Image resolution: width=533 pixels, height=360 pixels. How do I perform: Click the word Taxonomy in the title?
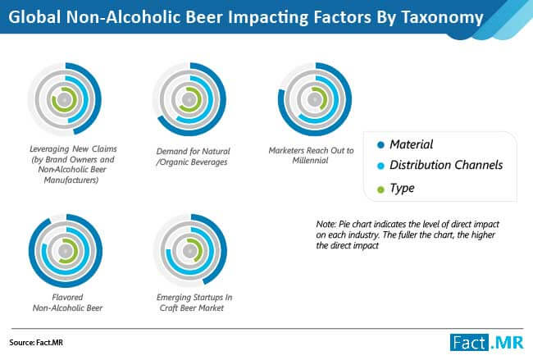point(442,17)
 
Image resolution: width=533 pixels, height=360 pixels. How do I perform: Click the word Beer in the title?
point(204,17)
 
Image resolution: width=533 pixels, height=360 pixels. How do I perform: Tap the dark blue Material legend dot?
point(380,145)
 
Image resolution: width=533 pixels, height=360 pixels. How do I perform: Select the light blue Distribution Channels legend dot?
point(380,166)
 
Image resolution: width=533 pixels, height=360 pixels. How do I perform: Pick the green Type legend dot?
point(380,189)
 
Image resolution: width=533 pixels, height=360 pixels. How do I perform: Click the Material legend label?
point(412,144)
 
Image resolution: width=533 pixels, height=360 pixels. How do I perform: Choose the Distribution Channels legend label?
point(446,165)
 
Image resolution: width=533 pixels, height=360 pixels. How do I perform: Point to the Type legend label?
point(402,189)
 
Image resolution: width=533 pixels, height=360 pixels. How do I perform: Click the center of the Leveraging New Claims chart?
point(64,99)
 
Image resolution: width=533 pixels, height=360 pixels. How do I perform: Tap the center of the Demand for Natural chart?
point(189,99)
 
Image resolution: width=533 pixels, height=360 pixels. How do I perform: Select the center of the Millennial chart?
point(314,99)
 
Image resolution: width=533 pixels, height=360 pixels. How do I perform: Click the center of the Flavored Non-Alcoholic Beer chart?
point(66,251)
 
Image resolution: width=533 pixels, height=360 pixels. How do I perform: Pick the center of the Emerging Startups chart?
point(190,251)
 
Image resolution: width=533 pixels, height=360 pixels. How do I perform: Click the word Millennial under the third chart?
point(310,161)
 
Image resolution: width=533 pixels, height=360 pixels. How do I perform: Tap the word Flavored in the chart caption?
point(67,297)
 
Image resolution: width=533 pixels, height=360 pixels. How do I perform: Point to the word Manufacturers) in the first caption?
point(71,180)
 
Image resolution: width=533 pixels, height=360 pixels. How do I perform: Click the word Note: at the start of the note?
point(326,224)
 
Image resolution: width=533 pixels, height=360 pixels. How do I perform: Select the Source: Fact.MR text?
point(36,342)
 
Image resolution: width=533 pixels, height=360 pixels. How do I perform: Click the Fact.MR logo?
point(487,342)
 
